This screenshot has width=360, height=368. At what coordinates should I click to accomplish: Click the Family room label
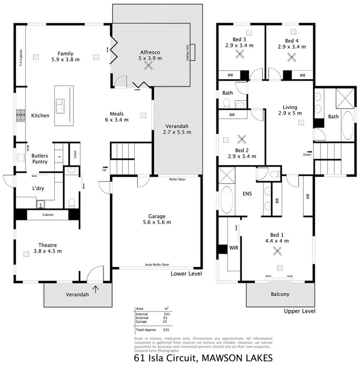66,53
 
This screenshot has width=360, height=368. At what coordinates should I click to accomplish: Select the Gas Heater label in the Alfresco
188,53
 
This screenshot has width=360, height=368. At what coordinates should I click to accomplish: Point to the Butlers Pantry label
40,159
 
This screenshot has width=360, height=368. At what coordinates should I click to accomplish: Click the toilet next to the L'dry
72,203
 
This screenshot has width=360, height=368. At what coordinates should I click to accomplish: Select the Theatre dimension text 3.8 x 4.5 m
47,251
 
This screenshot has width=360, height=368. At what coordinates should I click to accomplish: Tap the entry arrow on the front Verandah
96,289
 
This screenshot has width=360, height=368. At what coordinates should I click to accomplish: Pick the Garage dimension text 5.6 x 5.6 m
157,222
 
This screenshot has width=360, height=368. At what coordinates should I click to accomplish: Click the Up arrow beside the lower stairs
104,170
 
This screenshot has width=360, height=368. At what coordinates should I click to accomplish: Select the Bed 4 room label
292,41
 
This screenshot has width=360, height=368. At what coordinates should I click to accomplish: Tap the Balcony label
279,294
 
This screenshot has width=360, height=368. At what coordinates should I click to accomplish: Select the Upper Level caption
299,311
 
